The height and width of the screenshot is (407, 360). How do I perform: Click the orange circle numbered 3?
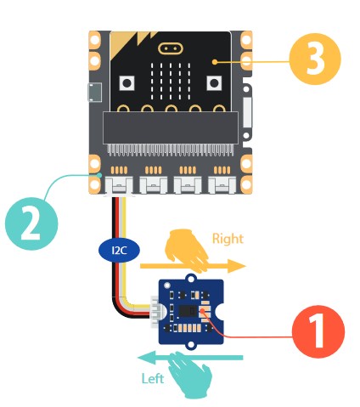[x=315, y=59]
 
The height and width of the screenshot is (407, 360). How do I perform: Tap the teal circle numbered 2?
[x=31, y=223]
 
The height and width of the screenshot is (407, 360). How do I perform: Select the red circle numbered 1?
[x=318, y=331]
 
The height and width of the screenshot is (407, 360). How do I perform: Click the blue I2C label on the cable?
[x=119, y=251]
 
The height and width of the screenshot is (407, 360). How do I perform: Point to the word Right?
[x=228, y=239]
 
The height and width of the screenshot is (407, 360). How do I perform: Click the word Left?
[x=153, y=378]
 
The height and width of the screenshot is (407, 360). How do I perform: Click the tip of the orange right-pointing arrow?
[x=245, y=266]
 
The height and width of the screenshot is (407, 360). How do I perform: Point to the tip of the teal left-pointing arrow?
[x=138, y=358]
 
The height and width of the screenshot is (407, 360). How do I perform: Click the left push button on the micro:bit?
[x=127, y=83]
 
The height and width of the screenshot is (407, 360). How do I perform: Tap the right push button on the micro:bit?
[x=214, y=83]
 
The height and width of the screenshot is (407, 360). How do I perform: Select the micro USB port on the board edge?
[x=95, y=93]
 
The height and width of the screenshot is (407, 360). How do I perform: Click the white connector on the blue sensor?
[x=155, y=312]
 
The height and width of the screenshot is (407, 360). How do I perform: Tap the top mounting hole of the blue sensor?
[x=191, y=279]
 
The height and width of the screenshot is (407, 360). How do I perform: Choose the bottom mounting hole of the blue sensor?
[x=192, y=345]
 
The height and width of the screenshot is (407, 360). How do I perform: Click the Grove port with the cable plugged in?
[x=119, y=186]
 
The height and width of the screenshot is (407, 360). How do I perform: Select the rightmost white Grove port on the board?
[x=222, y=185]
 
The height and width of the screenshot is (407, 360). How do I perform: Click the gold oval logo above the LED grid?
[x=171, y=48]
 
